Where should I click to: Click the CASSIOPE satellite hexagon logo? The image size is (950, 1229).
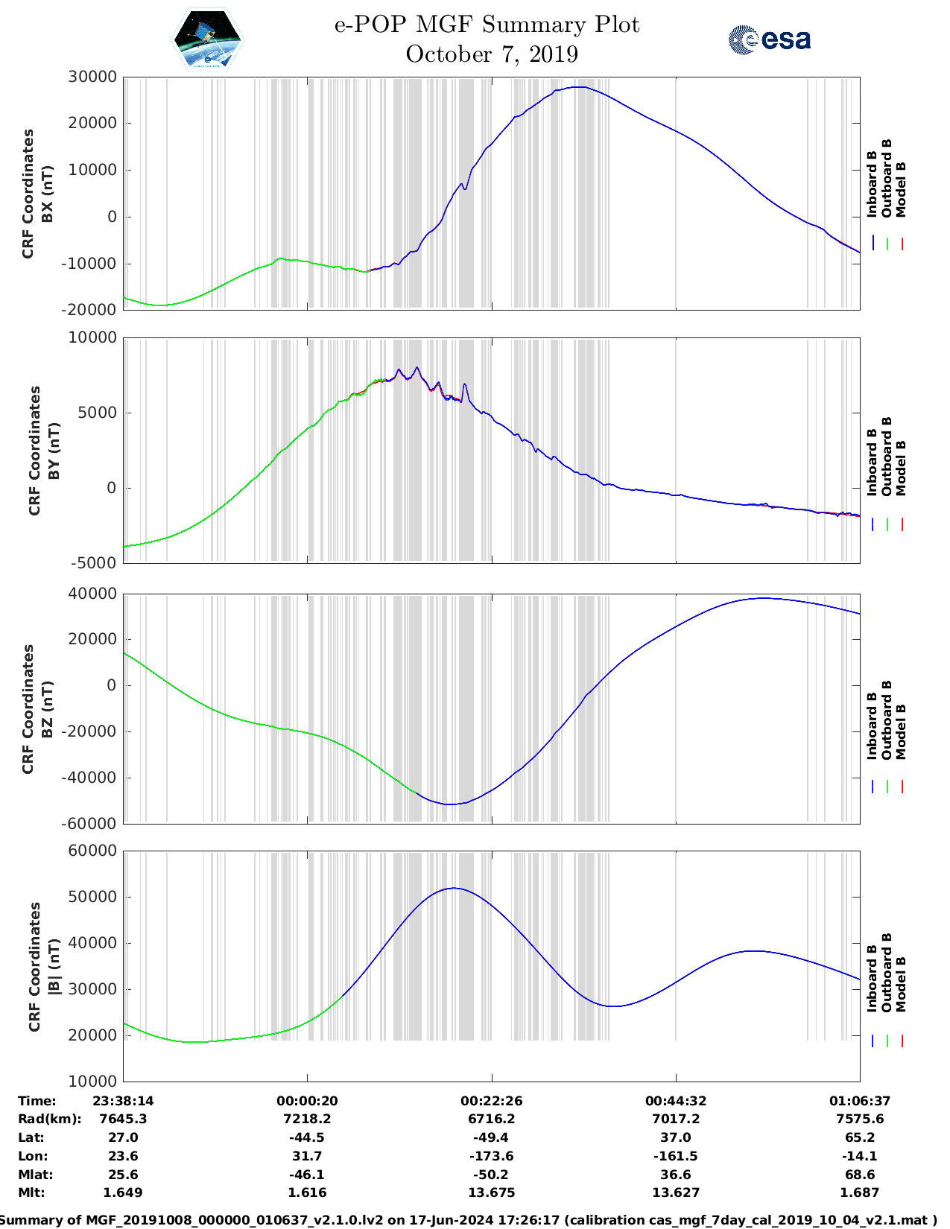[x=207, y=39]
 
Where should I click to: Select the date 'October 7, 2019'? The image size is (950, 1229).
[x=492, y=54]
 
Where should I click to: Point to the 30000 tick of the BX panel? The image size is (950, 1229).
[x=92, y=77]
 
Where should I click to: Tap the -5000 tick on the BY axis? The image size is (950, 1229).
[x=93, y=562]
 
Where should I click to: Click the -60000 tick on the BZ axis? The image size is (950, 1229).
[x=89, y=824]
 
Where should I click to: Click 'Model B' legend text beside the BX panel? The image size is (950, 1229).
[x=901, y=189]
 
